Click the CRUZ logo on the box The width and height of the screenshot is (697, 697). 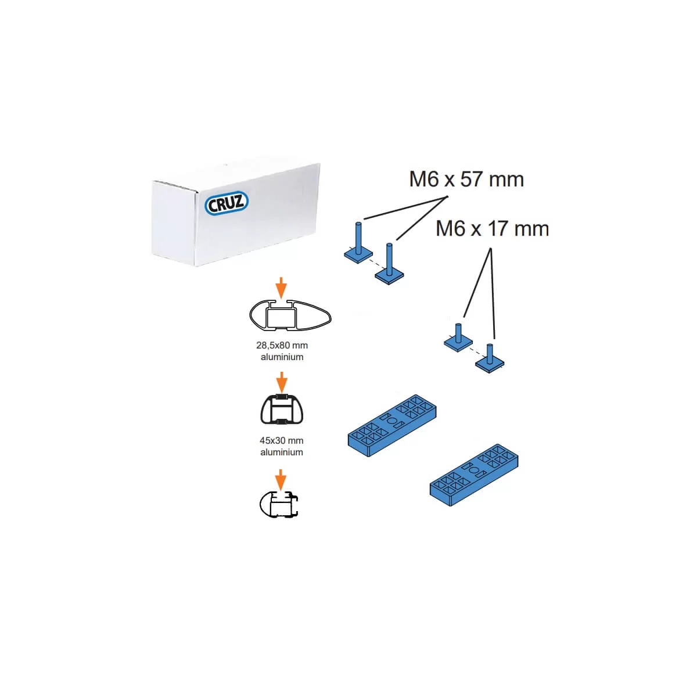pos(227,203)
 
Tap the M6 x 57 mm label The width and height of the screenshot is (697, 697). pos(466,179)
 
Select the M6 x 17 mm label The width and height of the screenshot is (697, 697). pos(492,229)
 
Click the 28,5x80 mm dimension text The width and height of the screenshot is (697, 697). pos(282,345)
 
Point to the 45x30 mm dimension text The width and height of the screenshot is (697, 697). pos(281,440)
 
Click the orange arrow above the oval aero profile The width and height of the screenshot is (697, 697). pos(281,288)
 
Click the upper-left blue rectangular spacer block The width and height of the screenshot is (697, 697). pos(392,425)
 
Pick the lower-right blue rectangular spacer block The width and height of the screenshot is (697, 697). pos(474,475)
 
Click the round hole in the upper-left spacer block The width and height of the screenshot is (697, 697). pos(391,421)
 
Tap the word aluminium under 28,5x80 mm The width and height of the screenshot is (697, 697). pos(282,357)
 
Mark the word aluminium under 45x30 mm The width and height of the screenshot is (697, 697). pos(281,452)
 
